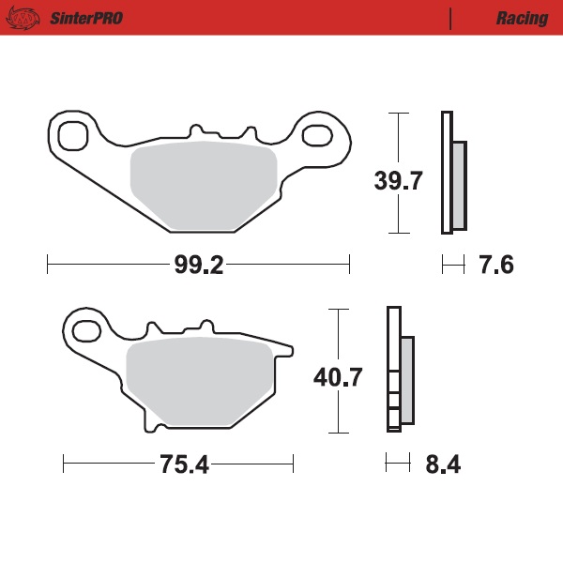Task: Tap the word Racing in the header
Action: click(522, 18)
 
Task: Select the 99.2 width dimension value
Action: click(198, 266)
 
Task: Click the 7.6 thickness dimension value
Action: click(496, 266)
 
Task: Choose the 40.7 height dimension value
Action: click(339, 377)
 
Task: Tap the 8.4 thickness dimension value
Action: click(443, 464)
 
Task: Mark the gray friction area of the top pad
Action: click(203, 186)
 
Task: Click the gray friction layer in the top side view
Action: click(459, 185)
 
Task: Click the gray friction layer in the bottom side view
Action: click(406, 379)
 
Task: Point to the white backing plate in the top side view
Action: click(447, 172)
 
